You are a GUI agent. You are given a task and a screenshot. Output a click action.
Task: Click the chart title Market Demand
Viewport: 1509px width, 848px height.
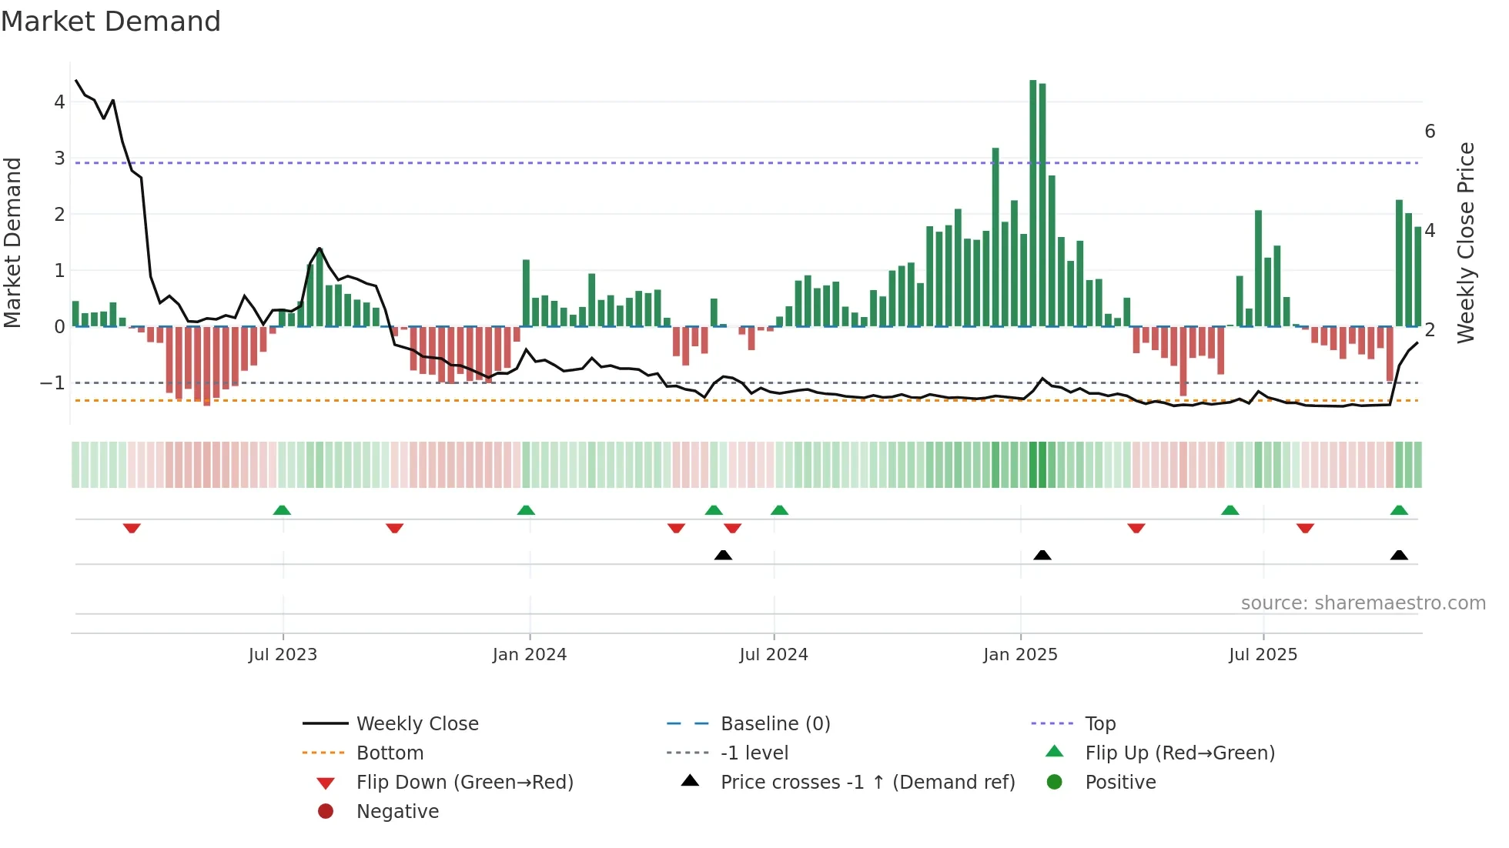pos(111,22)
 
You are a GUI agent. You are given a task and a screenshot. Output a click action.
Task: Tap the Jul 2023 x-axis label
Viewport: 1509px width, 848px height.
pos(283,655)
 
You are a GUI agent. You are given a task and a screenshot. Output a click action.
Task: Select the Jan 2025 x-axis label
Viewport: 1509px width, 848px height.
pos(1020,655)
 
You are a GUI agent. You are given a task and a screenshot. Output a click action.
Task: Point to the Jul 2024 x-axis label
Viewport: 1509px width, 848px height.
pos(774,655)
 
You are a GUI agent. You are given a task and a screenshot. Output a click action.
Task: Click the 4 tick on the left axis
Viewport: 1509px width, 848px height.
pos(59,102)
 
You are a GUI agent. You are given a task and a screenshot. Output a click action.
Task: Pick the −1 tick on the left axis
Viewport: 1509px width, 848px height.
pos(52,383)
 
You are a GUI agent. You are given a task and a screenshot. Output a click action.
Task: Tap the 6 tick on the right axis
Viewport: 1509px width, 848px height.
pos(1430,132)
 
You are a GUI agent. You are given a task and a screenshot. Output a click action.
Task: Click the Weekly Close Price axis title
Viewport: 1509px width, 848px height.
pos(1467,242)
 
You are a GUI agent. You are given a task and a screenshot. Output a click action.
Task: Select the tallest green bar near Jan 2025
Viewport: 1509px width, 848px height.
pos(1033,204)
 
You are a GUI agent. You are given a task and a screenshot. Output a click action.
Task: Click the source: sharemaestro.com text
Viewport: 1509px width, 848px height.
pos(1363,603)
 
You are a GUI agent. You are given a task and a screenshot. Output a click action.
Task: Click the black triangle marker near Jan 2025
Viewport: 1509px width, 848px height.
pos(1042,556)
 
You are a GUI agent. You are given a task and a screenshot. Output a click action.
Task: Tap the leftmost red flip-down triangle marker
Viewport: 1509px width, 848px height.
pos(132,528)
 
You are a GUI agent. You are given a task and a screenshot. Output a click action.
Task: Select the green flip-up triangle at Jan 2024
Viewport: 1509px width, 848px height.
pos(526,510)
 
